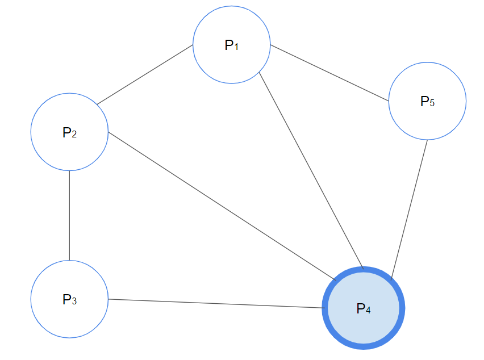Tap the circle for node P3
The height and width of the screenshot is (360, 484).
(69, 315)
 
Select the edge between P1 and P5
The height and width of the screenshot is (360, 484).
(329, 73)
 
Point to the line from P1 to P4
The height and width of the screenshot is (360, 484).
(311, 170)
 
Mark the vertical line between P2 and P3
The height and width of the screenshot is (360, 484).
(69, 215)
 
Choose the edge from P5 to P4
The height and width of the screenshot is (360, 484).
(410, 210)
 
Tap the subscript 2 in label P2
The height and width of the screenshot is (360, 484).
(74, 135)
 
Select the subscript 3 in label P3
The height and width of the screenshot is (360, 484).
(74, 301)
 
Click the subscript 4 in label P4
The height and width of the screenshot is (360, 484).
(368, 311)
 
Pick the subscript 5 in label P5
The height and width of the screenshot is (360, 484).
(432, 103)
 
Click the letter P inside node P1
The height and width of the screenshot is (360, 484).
(228, 45)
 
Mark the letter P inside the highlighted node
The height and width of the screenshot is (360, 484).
(360, 308)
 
